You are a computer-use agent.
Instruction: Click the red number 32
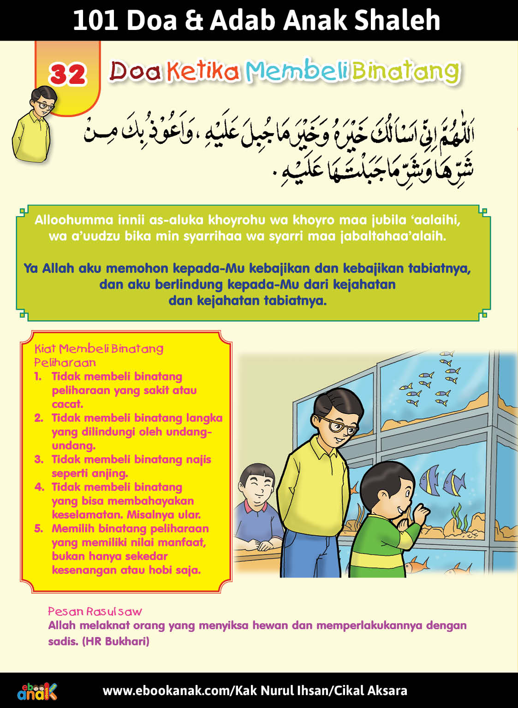coord(67,74)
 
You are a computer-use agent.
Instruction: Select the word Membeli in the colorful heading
coord(296,71)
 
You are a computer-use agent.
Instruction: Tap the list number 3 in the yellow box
coord(39,460)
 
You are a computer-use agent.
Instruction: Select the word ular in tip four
coord(189,514)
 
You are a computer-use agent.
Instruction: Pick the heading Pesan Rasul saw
coord(95,612)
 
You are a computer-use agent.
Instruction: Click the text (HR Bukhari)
coord(115,641)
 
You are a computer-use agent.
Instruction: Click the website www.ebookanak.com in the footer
coord(166,690)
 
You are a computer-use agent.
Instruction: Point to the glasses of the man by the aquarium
coord(338,426)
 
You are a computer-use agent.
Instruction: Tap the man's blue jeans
coord(304,553)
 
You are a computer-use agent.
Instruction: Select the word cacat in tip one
coord(67,404)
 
